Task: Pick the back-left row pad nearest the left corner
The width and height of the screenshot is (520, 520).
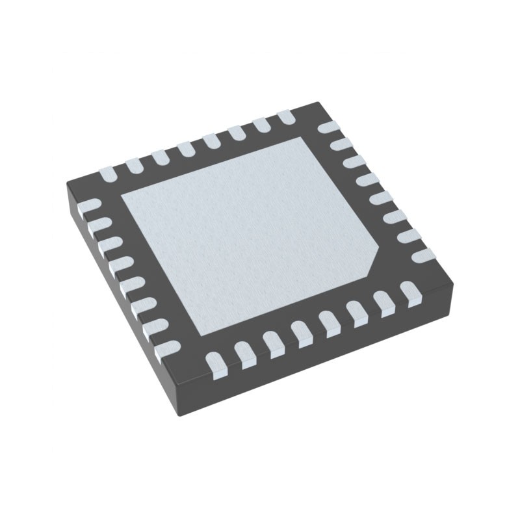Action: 108,174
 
